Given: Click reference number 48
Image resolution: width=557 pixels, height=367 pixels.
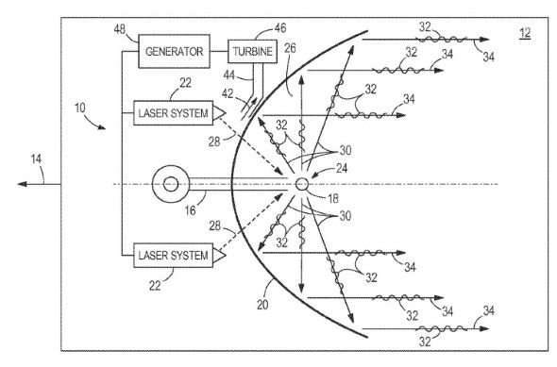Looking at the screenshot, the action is (120, 29).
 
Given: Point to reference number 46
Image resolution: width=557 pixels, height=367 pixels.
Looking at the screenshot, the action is (280, 28).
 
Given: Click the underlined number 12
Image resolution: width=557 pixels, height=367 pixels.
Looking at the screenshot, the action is (525, 33).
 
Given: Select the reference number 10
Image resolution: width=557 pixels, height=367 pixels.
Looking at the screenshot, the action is (80, 108).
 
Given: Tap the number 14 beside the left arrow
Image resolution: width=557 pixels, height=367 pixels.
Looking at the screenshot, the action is (36, 158).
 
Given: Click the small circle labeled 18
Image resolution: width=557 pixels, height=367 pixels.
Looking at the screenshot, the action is (302, 184).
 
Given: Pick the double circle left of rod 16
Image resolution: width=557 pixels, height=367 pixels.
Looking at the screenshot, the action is (171, 184).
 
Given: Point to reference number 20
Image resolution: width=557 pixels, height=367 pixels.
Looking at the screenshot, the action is (262, 305).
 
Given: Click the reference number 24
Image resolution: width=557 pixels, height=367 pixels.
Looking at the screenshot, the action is (342, 168).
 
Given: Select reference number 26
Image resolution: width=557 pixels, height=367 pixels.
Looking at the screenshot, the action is (290, 48).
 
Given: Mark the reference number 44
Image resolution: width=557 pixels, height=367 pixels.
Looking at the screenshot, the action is (229, 75).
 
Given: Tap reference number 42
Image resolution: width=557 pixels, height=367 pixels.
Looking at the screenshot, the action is (228, 93).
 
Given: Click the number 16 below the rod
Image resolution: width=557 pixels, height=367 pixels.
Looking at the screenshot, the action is (191, 210).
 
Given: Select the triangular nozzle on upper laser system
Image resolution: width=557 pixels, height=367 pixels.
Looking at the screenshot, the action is (219, 113).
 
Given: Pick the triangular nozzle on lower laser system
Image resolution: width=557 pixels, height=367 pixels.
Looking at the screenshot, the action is (219, 255).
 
